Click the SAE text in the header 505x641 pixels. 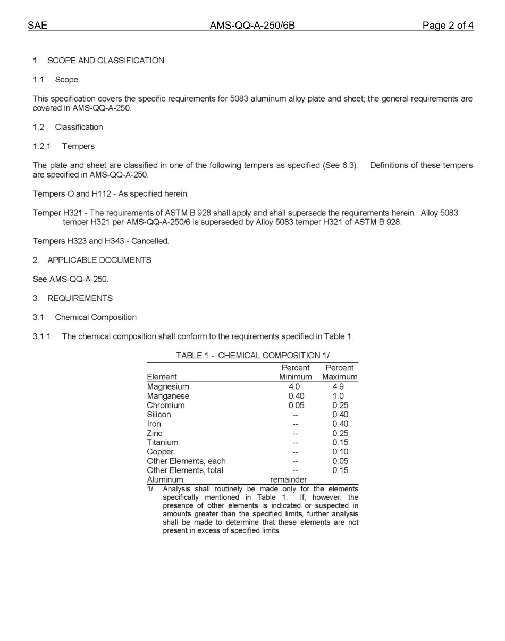click(x=37, y=26)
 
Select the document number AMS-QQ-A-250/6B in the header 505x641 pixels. click(x=252, y=26)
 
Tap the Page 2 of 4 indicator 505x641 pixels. click(x=448, y=26)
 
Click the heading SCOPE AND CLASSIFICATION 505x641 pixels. click(x=105, y=61)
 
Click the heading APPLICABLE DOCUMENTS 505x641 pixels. click(x=99, y=260)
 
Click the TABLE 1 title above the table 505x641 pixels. click(x=256, y=356)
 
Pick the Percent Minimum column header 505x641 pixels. click(x=296, y=372)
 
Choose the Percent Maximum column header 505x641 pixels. click(x=340, y=372)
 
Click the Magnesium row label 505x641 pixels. click(x=167, y=387)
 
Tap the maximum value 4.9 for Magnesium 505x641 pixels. click(x=338, y=387)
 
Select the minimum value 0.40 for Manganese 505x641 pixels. click(x=296, y=396)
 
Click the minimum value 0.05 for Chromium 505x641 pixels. click(x=296, y=406)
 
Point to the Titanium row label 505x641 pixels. click(x=162, y=442)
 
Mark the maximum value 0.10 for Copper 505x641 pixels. click(x=340, y=452)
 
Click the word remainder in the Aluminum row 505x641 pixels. click(x=288, y=479)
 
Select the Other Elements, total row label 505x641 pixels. click(x=185, y=470)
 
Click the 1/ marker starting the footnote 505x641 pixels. click(x=150, y=488)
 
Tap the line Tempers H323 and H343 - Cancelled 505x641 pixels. click(x=101, y=241)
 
